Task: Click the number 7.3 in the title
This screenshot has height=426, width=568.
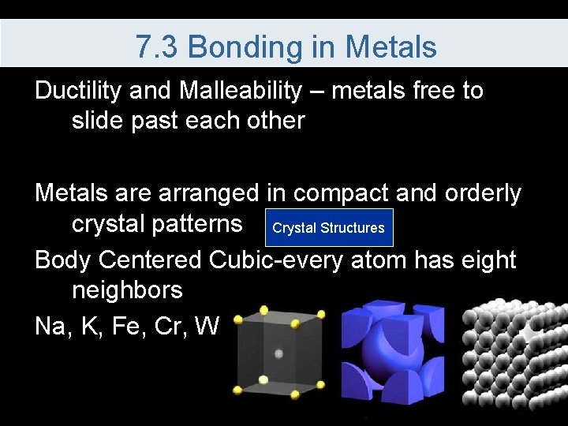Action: click(x=157, y=47)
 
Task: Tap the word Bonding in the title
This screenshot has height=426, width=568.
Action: click(x=245, y=47)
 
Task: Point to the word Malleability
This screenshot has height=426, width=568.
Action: click(x=240, y=92)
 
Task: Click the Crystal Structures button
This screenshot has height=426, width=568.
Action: click(x=328, y=228)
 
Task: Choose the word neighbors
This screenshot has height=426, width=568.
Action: click(x=127, y=290)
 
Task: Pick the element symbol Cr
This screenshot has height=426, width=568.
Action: click(x=176, y=324)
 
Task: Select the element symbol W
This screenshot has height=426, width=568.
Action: click(x=208, y=324)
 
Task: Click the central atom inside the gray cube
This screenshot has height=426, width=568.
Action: click(x=278, y=353)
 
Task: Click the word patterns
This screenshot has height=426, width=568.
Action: click(x=157, y=224)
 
